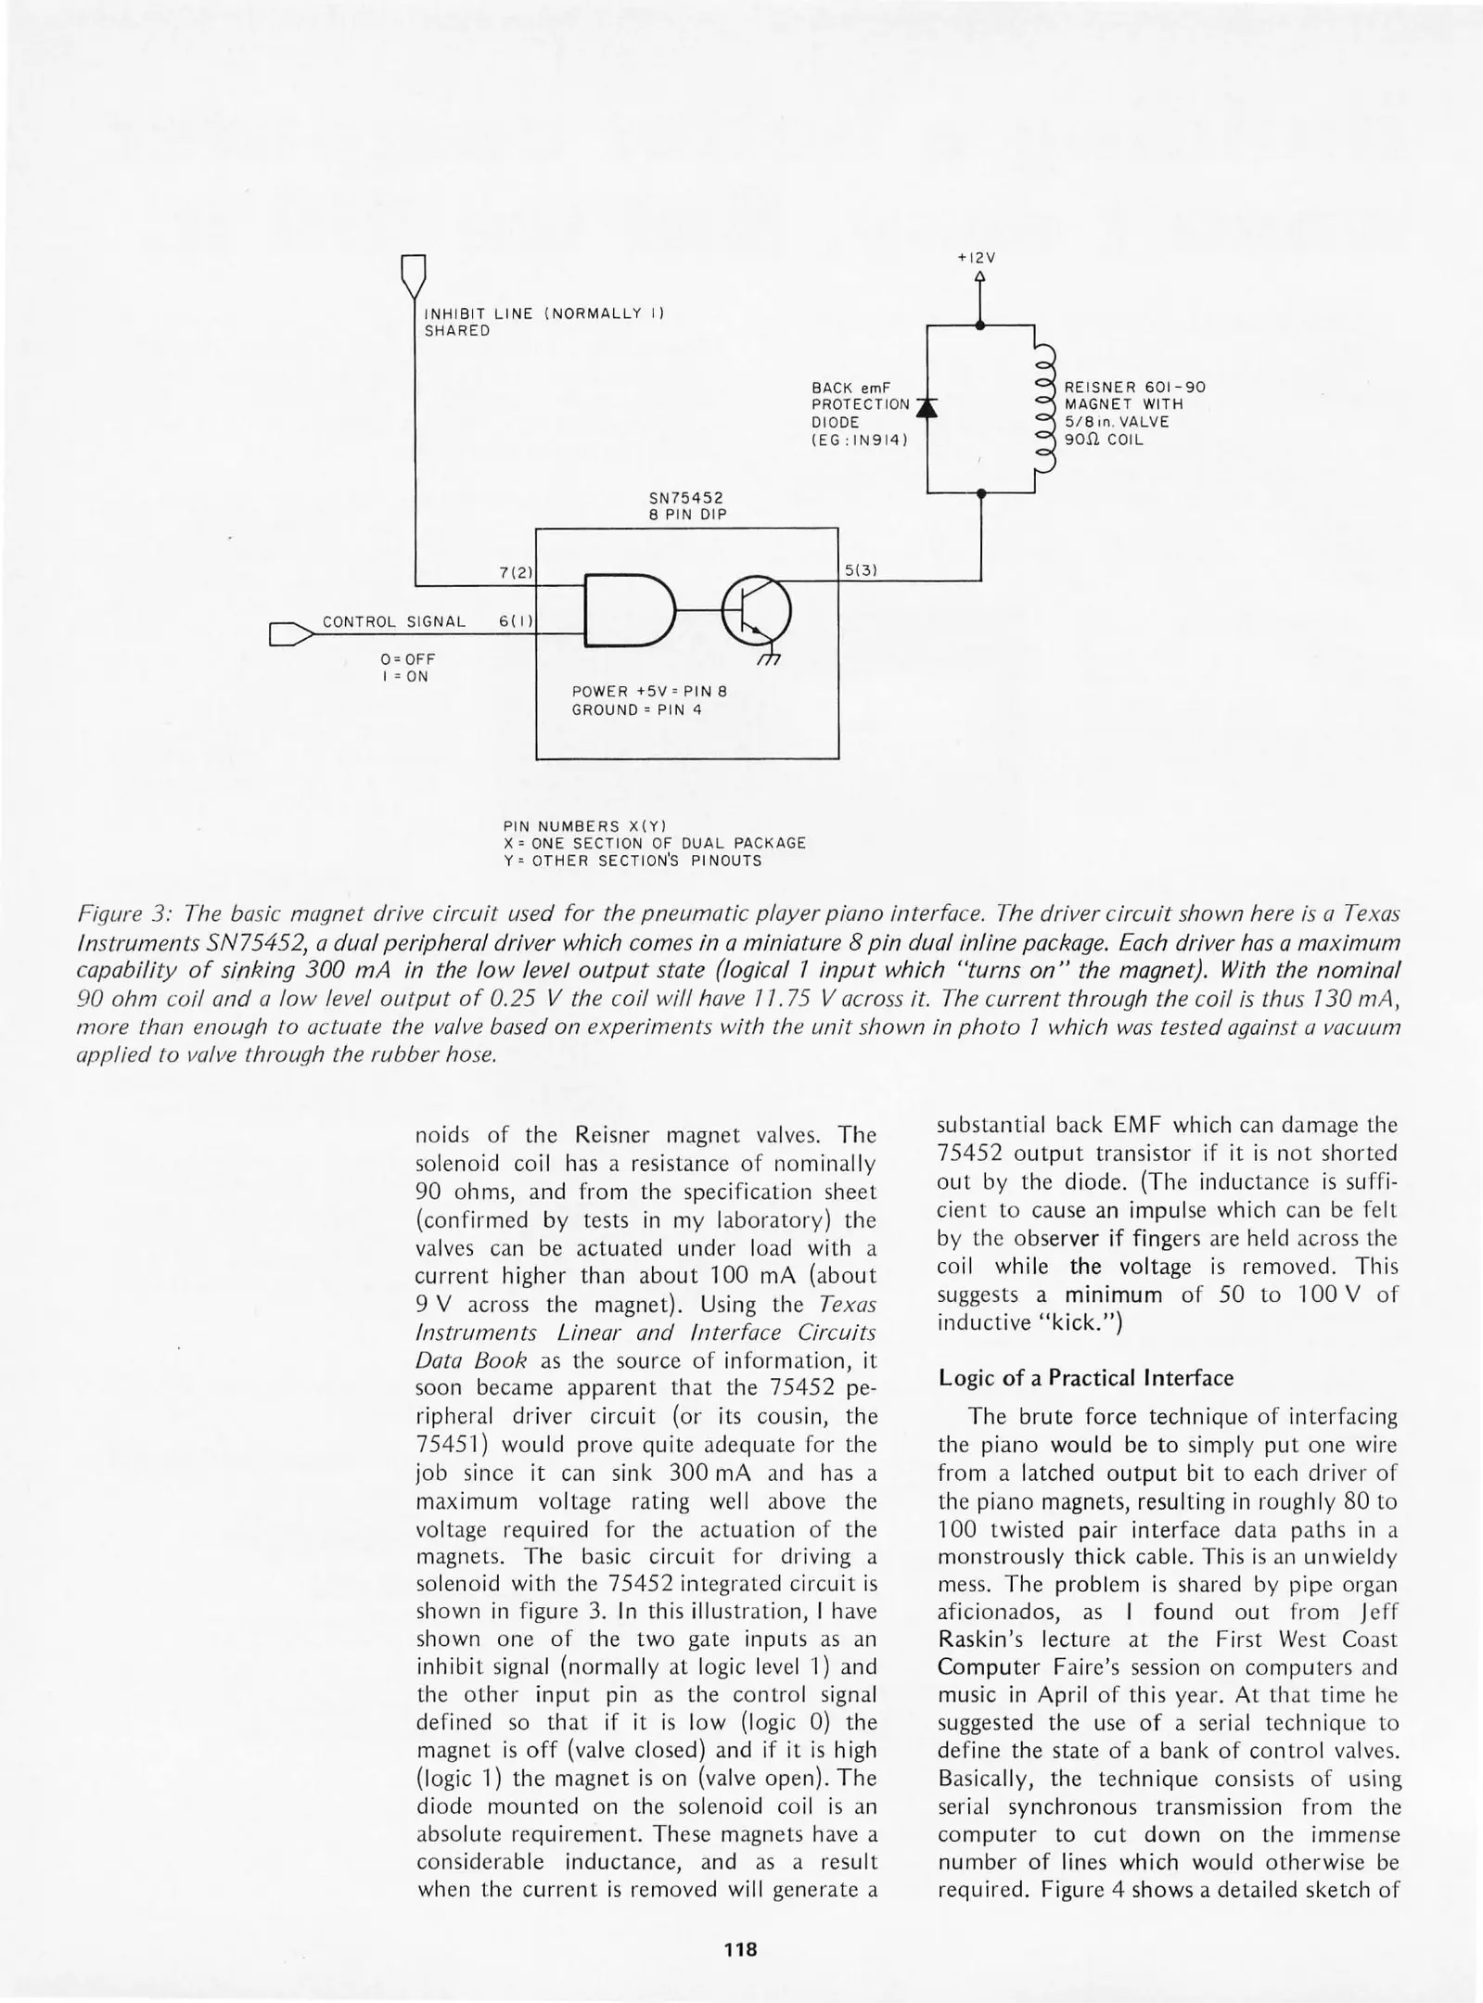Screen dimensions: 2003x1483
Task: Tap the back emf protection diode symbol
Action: tap(927, 406)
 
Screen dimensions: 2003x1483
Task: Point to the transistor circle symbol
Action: tap(756, 610)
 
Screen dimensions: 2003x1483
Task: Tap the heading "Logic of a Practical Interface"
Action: tap(1085, 1378)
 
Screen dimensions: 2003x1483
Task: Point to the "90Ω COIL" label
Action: tap(1104, 440)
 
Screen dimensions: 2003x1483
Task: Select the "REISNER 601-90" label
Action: tap(1134, 388)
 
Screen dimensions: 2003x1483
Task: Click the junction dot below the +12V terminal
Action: tap(981, 325)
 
